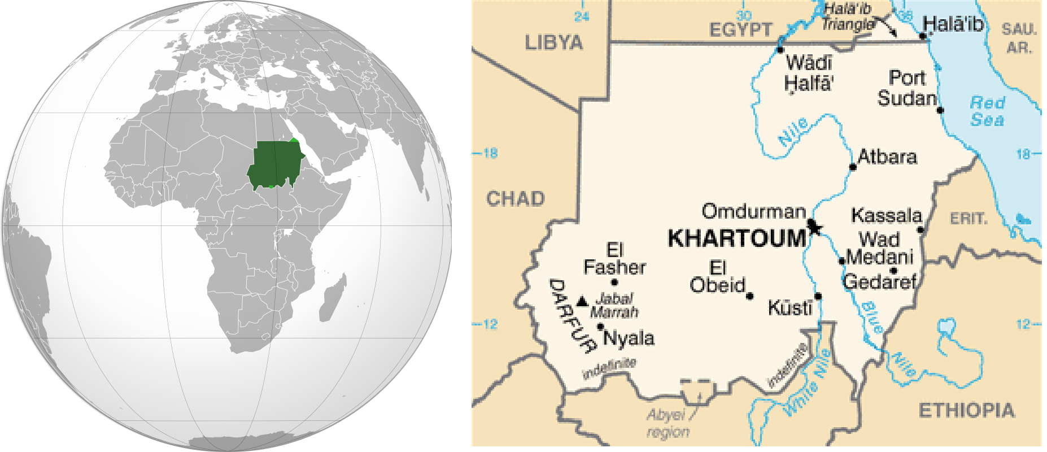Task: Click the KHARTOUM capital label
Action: coord(737,238)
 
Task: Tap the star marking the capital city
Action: coord(814,227)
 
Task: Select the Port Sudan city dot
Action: coord(940,110)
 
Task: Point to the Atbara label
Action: coord(887,157)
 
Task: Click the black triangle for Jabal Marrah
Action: coord(583,301)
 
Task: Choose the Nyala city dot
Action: coord(600,327)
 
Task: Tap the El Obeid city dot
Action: coord(750,296)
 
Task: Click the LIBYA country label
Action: coord(553,42)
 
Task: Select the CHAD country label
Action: coord(516,198)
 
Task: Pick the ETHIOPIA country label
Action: coord(966,410)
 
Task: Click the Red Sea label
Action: coord(987,111)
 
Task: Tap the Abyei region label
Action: coord(668,423)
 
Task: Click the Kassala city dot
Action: coord(921,230)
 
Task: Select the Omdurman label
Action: coord(753,211)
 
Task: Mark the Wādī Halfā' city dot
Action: coord(780,50)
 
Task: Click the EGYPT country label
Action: coord(740,29)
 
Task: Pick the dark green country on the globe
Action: coord(273,164)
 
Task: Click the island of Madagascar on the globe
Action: coord(333,297)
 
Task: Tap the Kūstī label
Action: coord(789,308)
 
